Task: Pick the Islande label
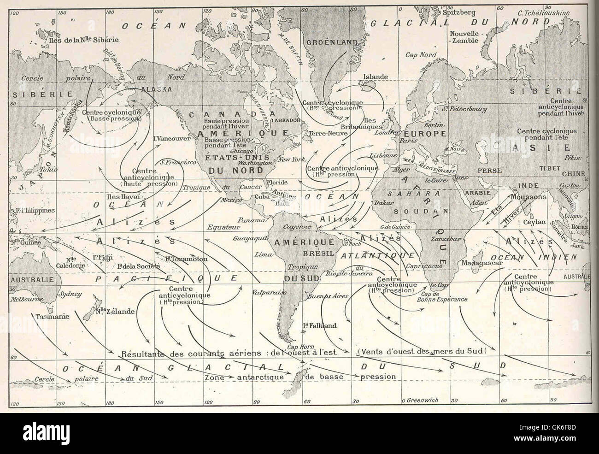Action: [x=376, y=77]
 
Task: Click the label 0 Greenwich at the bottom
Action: [x=420, y=400]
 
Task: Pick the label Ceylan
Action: [x=534, y=222]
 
